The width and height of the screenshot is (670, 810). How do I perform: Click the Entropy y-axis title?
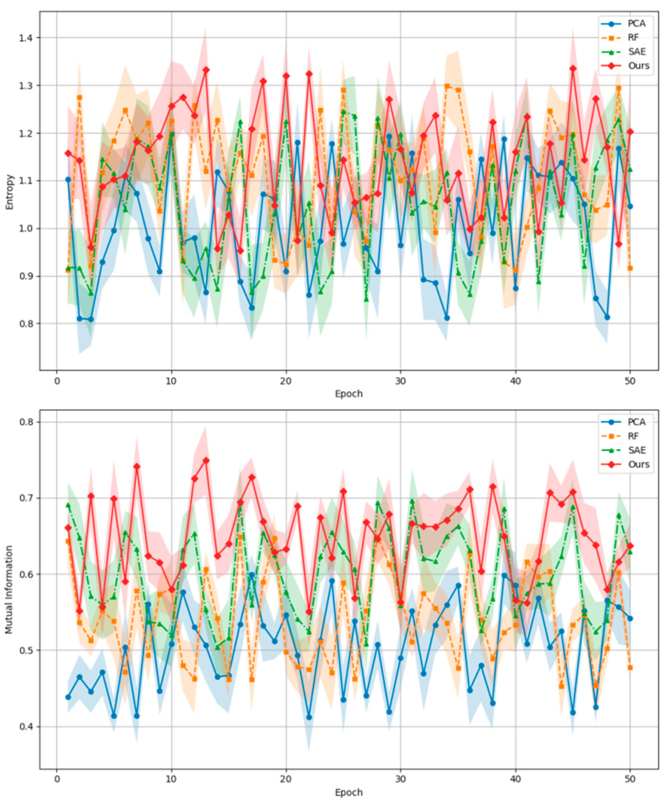(9, 192)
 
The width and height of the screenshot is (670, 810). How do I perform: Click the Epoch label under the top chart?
(349, 394)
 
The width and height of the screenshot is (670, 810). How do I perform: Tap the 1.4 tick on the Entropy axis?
(27, 38)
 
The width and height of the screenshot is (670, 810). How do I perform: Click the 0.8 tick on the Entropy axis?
(27, 324)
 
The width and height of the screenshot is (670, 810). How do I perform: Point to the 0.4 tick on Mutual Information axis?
(27, 727)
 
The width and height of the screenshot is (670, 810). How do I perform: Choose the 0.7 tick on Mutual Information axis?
(27, 498)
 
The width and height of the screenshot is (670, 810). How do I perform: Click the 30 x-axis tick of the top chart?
(400, 381)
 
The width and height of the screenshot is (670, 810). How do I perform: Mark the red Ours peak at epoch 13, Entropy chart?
(206, 70)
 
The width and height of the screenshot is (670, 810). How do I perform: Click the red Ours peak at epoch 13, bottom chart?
(206, 460)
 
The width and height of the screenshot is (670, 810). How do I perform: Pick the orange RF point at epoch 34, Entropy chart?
(447, 86)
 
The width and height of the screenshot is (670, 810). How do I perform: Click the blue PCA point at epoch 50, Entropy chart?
(630, 206)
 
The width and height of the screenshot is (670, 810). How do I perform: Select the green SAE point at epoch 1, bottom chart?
(68, 505)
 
